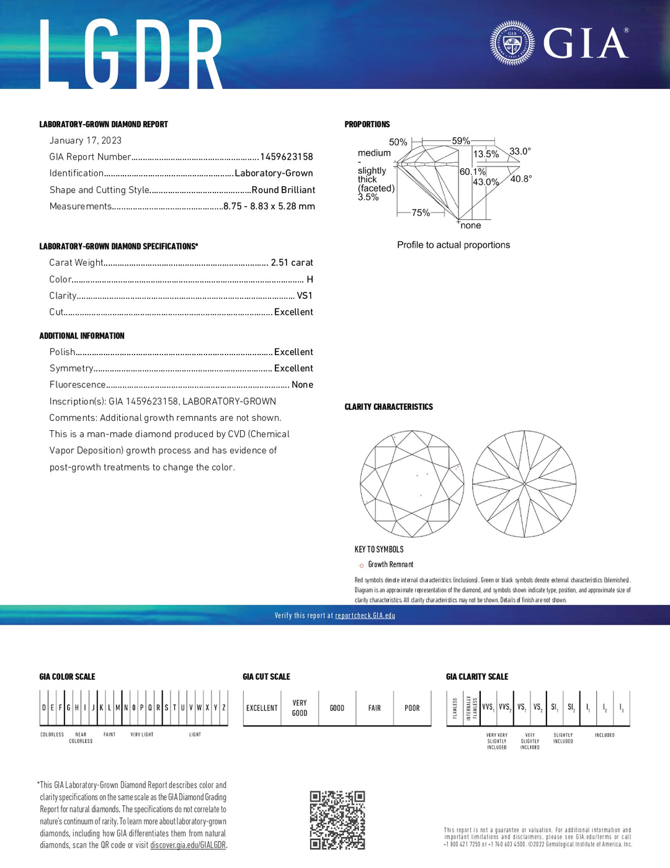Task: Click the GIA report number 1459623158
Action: pyautogui.click(x=286, y=157)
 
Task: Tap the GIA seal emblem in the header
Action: pyautogui.click(x=512, y=43)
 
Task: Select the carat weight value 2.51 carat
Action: pyautogui.click(x=292, y=263)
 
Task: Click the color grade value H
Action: pyautogui.click(x=310, y=279)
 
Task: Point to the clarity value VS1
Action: pyautogui.click(x=304, y=296)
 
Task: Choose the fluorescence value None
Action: pyautogui.click(x=302, y=385)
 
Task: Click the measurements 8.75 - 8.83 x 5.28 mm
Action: pyautogui.click(x=269, y=206)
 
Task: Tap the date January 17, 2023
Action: pyautogui.click(x=86, y=140)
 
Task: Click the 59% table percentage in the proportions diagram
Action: pyautogui.click(x=460, y=141)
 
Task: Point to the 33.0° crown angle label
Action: pyautogui.click(x=520, y=151)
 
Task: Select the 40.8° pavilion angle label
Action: pyautogui.click(x=520, y=179)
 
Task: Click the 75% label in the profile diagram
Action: pyautogui.click(x=421, y=212)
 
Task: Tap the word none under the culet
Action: pyautogui.click(x=471, y=225)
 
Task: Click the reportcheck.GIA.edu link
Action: pyautogui.click(x=365, y=615)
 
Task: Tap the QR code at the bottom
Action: pyautogui.click(x=337, y=820)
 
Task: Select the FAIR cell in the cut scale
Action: pyautogui.click(x=375, y=708)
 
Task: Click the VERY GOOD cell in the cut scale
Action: pyautogui.click(x=300, y=708)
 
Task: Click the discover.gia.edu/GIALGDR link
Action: pyautogui.click(x=188, y=845)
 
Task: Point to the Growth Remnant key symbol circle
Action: pyautogui.click(x=362, y=565)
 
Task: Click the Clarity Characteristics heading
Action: pyautogui.click(x=388, y=407)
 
